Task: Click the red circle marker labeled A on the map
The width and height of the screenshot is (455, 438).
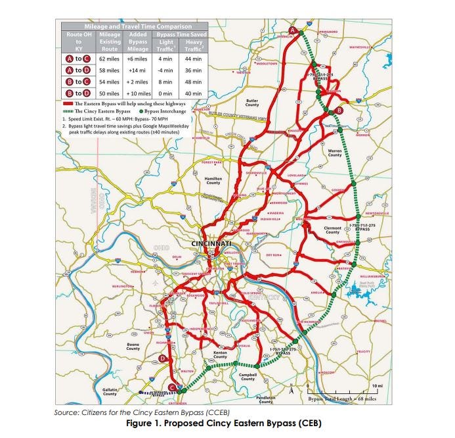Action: tap(293, 30)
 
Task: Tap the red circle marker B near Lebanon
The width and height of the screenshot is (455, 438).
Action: tap(339, 110)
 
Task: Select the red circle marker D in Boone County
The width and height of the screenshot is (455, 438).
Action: tap(162, 358)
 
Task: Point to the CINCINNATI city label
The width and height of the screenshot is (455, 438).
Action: tap(211, 244)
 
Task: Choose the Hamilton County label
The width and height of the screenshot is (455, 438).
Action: tap(213, 180)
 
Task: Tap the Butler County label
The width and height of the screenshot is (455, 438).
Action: tap(252, 103)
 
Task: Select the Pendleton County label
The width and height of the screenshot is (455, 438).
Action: tap(267, 399)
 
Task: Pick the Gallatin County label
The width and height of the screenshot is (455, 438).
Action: tap(110, 391)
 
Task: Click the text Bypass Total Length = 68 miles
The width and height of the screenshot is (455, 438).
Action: tap(341, 399)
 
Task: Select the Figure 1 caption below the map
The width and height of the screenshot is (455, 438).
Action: tap(227, 423)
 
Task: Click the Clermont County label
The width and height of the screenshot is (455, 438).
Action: tap(333, 230)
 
